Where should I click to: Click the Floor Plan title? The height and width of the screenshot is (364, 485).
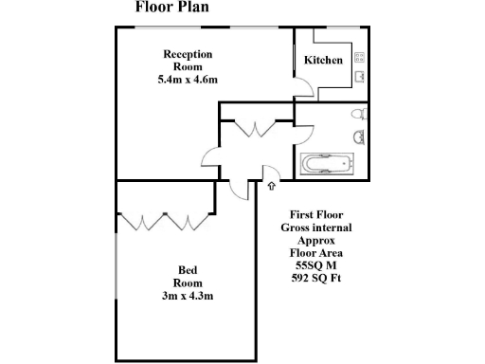172,9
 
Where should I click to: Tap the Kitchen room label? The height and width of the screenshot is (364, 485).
323,61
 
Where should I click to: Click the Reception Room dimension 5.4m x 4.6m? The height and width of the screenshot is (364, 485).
188,80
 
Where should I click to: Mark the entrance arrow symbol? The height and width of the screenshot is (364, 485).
273,187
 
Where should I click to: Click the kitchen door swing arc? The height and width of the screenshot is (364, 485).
302,90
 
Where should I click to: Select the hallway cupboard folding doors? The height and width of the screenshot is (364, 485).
256,129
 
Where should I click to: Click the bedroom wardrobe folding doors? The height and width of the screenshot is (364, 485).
163,222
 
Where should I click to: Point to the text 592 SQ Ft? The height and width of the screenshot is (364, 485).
308,279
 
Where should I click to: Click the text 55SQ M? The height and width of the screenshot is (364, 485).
308,266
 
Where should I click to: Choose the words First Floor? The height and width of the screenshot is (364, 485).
308,216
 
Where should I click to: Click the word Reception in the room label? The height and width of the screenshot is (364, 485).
188,54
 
